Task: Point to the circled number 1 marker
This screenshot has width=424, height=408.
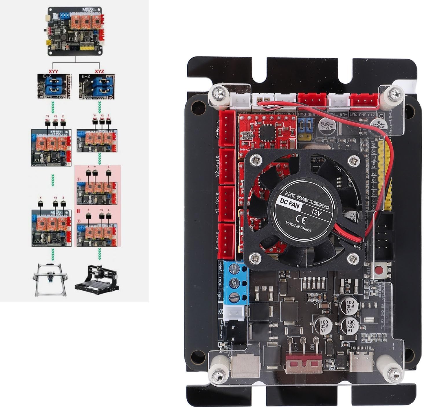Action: (x=78, y=179)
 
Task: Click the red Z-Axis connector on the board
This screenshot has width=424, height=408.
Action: (x=227, y=128)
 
